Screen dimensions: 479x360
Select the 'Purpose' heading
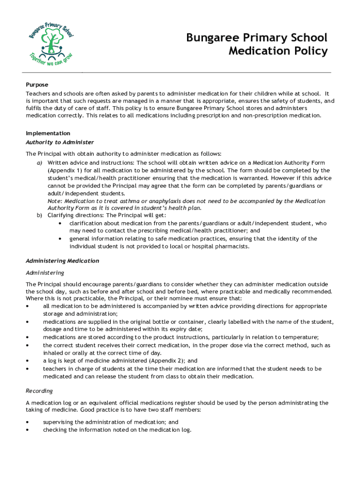[x=37, y=85]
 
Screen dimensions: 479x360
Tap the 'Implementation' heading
[x=48, y=133]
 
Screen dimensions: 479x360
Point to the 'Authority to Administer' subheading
[x=60, y=142]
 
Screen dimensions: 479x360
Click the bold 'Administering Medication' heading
[x=63, y=261]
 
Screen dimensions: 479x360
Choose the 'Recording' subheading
[x=39, y=391]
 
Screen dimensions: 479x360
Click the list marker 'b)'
[x=40, y=216]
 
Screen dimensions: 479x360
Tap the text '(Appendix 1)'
[x=65, y=171]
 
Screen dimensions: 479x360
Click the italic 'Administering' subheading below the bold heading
[x=45, y=273]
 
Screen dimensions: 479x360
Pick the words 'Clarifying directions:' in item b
[x=76, y=216]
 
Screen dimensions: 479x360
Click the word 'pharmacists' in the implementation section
[x=233, y=247]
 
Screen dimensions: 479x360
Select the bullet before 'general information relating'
[x=60, y=239]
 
